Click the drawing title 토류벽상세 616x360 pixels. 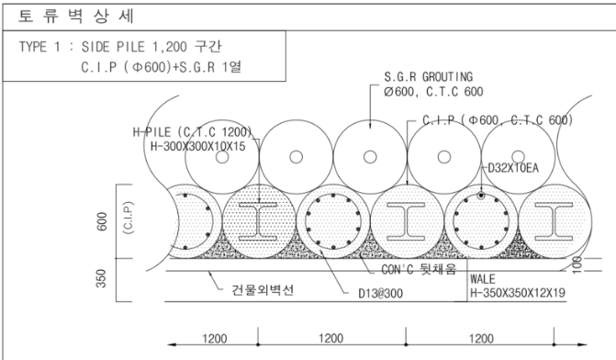click(x=76, y=17)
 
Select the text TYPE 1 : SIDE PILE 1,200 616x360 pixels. click(x=103, y=47)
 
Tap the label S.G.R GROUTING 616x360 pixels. click(x=428, y=76)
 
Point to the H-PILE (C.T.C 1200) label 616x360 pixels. click(x=192, y=131)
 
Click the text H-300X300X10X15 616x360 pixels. click(x=198, y=147)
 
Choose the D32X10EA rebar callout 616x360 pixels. click(x=513, y=168)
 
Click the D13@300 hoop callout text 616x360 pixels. click(x=380, y=294)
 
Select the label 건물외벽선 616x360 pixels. click(x=263, y=290)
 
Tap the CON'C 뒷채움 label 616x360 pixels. click(x=419, y=269)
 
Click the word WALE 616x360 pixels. click(x=483, y=279)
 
